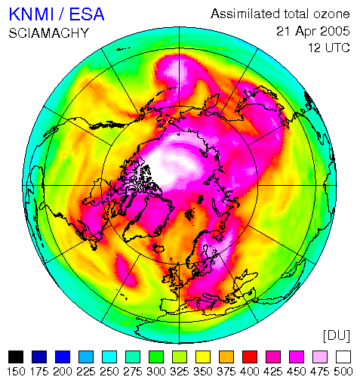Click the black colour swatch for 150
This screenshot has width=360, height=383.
click(16, 357)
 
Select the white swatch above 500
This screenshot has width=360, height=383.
click(343, 357)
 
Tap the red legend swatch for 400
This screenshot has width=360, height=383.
click(250, 357)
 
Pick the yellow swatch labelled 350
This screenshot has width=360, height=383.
click(203, 357)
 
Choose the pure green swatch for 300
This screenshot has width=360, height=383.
click(156, 357)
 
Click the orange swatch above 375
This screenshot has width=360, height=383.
click(226, 357)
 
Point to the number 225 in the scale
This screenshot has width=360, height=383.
click(86, 372)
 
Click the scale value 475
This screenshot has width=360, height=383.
click(320, 372)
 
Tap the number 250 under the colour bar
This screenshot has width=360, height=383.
click(109, 372)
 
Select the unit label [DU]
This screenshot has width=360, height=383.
click(337, 336)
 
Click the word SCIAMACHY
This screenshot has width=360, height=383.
click(49, 33)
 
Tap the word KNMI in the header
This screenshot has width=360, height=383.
click(31, 14)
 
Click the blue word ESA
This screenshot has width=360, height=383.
click(87, 14)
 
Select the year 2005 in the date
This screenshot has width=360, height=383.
click(335, 31)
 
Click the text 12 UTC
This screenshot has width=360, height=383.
click(329, 48)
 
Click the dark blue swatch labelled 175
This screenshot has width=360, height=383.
click(39, 357)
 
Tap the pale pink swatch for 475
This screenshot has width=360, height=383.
click(320, 357)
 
